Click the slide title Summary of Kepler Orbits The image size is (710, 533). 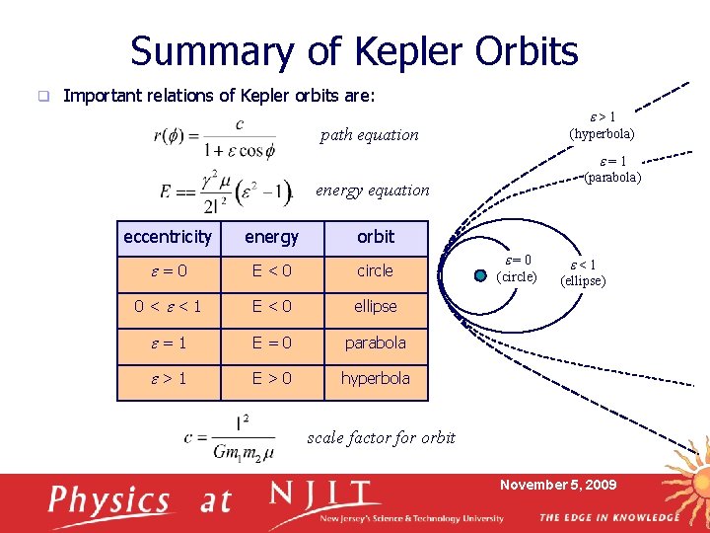[354, 51]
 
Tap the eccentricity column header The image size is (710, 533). [167, 237]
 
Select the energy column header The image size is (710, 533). [271, 237]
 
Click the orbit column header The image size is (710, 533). [375, 237]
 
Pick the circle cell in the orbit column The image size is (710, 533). [375, 270]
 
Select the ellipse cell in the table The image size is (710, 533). [375, 306]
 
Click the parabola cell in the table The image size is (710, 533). [375, 343]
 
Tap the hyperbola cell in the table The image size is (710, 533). [375, 378]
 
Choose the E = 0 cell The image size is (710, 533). [271, 343]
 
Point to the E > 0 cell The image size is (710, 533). [271, 378]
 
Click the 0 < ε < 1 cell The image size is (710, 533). [167, 306]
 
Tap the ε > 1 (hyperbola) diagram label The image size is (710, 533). [602, 125]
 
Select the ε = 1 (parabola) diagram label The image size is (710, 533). [611, 170]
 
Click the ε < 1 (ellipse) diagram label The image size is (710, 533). [583, 272]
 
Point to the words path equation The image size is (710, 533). [369, 135]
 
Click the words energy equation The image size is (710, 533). [372, 190]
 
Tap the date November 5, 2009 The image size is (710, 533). [558, 485]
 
